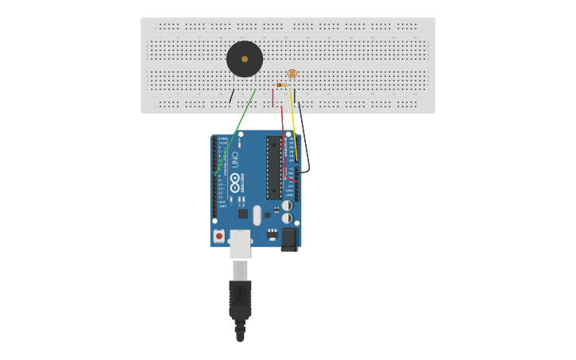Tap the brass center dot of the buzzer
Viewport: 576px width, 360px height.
click(245, 59)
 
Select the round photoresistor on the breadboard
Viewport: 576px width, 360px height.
click(292, 73)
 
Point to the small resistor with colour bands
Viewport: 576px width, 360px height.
click(280, 85)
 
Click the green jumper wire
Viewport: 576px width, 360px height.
click(236, 130)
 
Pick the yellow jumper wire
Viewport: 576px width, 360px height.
click(293, 119)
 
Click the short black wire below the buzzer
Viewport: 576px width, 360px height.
click(231, 96)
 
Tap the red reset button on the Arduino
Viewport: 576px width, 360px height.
click(218, 236)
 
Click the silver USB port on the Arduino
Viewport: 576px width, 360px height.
click(240, 243)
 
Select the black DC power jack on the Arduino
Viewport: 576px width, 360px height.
click(289, 238)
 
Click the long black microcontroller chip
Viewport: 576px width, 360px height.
click(273, 167)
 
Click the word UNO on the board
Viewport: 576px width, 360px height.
click(235, 158)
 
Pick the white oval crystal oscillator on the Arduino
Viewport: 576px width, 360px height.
click(257, 215)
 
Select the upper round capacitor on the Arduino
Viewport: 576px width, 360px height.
click(287, 205)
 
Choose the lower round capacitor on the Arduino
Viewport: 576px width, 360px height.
click(287, 218)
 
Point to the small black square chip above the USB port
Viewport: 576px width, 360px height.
click(243, 213)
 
